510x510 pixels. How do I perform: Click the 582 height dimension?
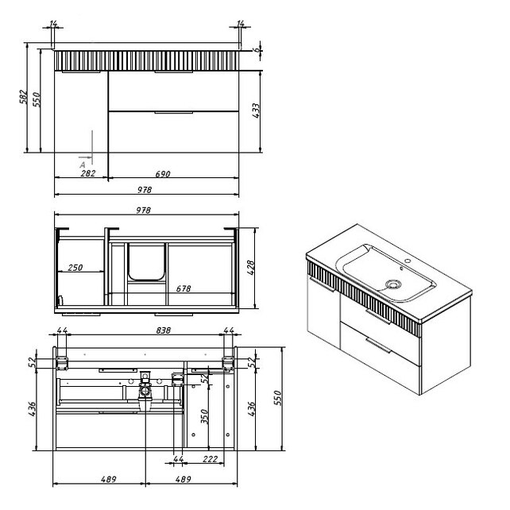(x=23, y=97)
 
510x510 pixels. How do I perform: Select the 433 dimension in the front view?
(x=256, y=110)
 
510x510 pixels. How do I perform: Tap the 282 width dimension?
(x=88, y=173)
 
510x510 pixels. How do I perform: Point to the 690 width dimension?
(x=163, y=174)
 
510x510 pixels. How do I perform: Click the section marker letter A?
(x=83, y=165)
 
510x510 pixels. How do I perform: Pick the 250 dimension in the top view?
(x=75, y=268)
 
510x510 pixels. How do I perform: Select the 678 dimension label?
(x=184, y=288)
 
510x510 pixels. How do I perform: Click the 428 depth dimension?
(x=251, y=268)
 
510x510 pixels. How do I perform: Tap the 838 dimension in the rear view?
(x=164, y=330)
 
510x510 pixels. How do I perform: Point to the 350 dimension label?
(x=205, y=416)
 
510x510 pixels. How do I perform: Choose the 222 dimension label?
(x=210, y=459)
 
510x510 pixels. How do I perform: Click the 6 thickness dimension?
(x=257, y=50)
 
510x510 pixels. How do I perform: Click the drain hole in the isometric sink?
(x=393, y=284)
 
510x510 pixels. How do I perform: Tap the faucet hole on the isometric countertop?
(x=407, y=261)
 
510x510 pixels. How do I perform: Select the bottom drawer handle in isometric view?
(x=378, y=345)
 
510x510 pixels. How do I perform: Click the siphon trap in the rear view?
(x=145, y=390)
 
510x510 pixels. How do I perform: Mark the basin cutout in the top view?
(x=146, y=261)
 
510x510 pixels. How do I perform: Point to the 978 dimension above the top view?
(x=144, y=211)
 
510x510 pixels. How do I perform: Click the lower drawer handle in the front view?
(x=174, y=113)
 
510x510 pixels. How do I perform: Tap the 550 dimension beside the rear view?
(x=278, y=398)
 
